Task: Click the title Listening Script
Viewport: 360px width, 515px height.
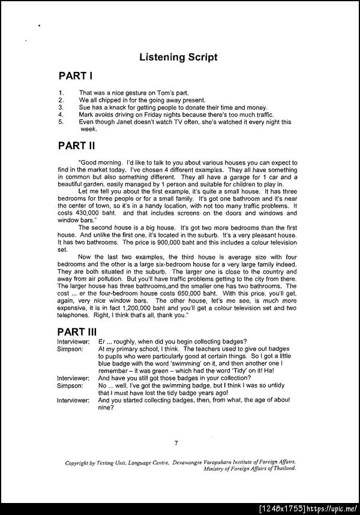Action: [178, 58]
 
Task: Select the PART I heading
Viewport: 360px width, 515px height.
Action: [75, 77]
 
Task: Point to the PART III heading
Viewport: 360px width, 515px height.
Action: [79, 332]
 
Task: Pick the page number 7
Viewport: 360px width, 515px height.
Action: [176, 443]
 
